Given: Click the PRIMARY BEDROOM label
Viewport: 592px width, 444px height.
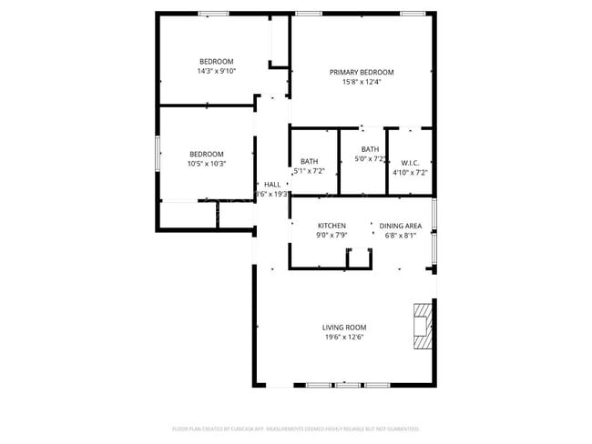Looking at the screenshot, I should (362, 72).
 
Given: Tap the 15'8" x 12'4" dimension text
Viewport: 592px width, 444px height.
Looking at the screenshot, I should (362, 82).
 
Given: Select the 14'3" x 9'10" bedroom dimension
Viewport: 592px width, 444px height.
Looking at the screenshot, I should (216, 71).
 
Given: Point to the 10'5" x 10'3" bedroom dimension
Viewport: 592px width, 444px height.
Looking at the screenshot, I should (206, 164).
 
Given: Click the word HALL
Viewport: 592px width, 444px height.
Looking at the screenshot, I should (272, 184).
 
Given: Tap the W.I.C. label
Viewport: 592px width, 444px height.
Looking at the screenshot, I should (409, 161).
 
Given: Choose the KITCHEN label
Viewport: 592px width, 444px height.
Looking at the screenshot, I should (332, 226).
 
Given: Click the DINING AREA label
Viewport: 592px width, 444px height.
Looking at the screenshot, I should (400, 226).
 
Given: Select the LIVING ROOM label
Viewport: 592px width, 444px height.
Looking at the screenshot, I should (344, 328).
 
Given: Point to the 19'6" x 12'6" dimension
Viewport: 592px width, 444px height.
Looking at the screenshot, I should (344, 338).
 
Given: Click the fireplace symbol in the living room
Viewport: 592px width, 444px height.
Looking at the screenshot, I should (423, 325).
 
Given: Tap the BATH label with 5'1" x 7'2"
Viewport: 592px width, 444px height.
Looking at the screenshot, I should (309, 161).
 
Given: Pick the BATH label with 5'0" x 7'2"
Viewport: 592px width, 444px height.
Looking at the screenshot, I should (370, 149).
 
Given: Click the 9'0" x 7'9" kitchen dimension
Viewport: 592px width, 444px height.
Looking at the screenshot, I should (332, 236).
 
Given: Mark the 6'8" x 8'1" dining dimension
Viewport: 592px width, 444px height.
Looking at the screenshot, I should (400, 236).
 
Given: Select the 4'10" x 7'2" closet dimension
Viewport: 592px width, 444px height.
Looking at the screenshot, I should (410, 172).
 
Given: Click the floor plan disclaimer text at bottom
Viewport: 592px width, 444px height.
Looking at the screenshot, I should (296, 428).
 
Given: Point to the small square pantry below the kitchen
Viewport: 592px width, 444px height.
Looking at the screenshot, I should (360, 258).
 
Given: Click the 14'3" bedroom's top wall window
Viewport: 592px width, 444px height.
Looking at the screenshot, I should (213, 13).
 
